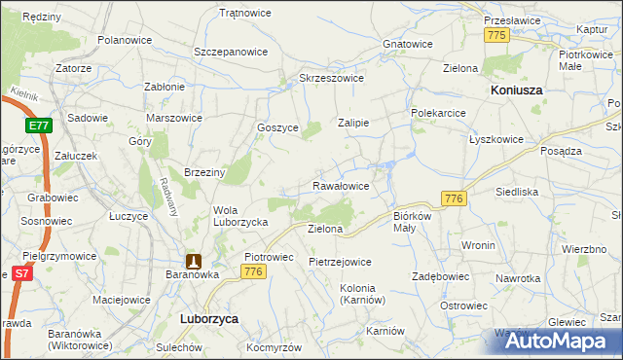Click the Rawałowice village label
click(x=340, y=185)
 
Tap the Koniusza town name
click(x=514, y=90)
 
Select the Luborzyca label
click(x=209, y=318)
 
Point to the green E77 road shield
click(x=39, y=126)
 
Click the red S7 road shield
click(x=20, y=275)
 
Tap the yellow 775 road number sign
click(x=497, y=35)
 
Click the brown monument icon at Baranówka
click(x=195, y=261)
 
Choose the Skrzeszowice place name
click(x=332, y=78)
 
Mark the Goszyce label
click(x=276, y=127)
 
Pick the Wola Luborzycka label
click(x=240, y=215)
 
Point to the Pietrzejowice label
click(x=340, y=262)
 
